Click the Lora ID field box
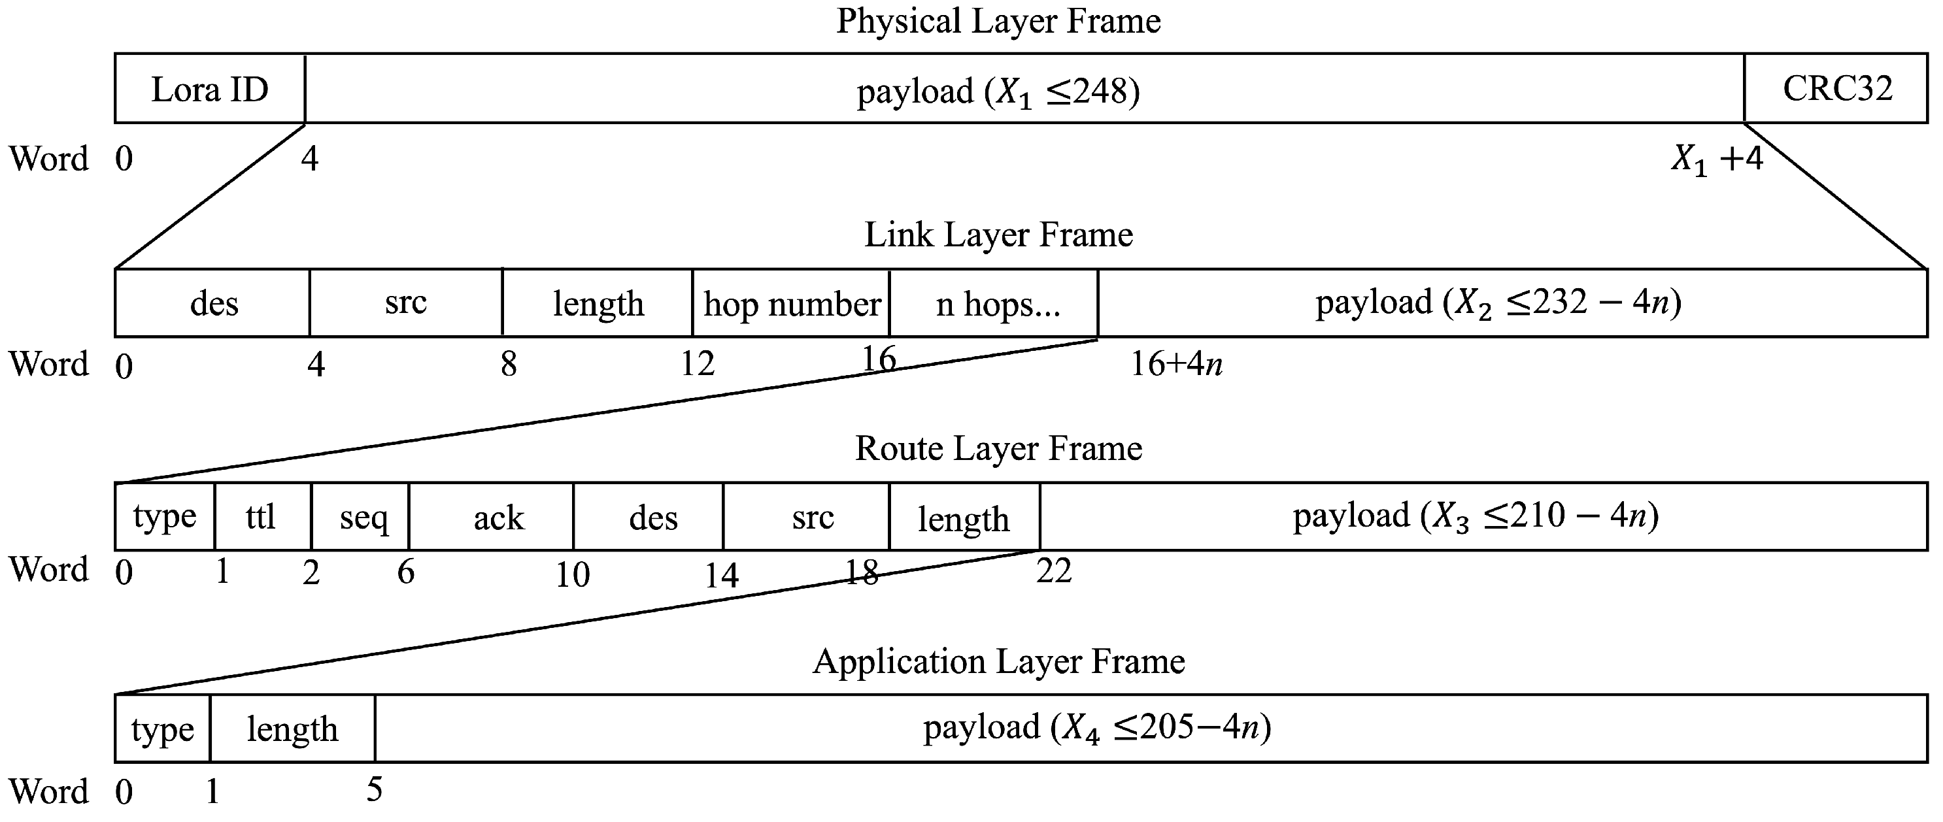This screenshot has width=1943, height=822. tap(210, 89)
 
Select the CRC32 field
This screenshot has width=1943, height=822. tap(1836, 89)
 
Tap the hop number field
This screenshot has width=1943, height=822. tap(791, 304)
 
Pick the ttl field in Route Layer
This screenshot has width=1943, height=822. tap(261, 518)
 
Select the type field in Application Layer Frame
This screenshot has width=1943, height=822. tap(162, 729)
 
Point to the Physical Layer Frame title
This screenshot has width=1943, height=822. tap(998, 20)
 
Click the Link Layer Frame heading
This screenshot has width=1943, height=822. tap(998, 235)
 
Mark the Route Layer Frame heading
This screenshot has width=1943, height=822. tap(998, 448)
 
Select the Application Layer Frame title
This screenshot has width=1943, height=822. tap(998, 661)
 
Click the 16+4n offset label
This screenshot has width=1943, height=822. tap(1175, 364)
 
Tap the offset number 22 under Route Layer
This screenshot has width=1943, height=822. tap(1054, 571)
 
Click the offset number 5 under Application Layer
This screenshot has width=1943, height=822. tap(374, 789)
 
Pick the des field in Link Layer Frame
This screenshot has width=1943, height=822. tap(214, 304)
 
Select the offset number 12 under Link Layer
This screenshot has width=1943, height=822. tap(697, 364)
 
